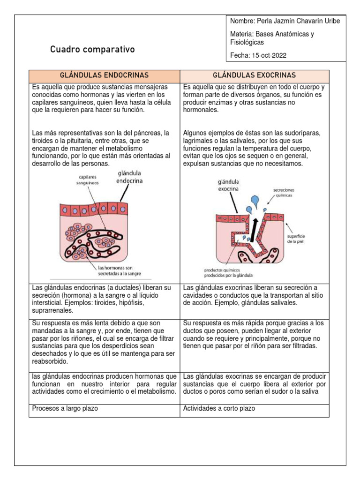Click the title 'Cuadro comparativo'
[x=92, y=49]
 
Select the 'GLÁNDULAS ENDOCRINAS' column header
[x=104, y=75]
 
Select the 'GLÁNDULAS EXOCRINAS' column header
[x=254, y=75]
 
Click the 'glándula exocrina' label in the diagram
[x=228, y=185]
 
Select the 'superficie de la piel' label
[x=297, y=240]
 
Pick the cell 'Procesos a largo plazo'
[x=65, y=408]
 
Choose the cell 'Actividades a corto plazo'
[x=219, y=408]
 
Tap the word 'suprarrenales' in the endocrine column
[x=52, y=310]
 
